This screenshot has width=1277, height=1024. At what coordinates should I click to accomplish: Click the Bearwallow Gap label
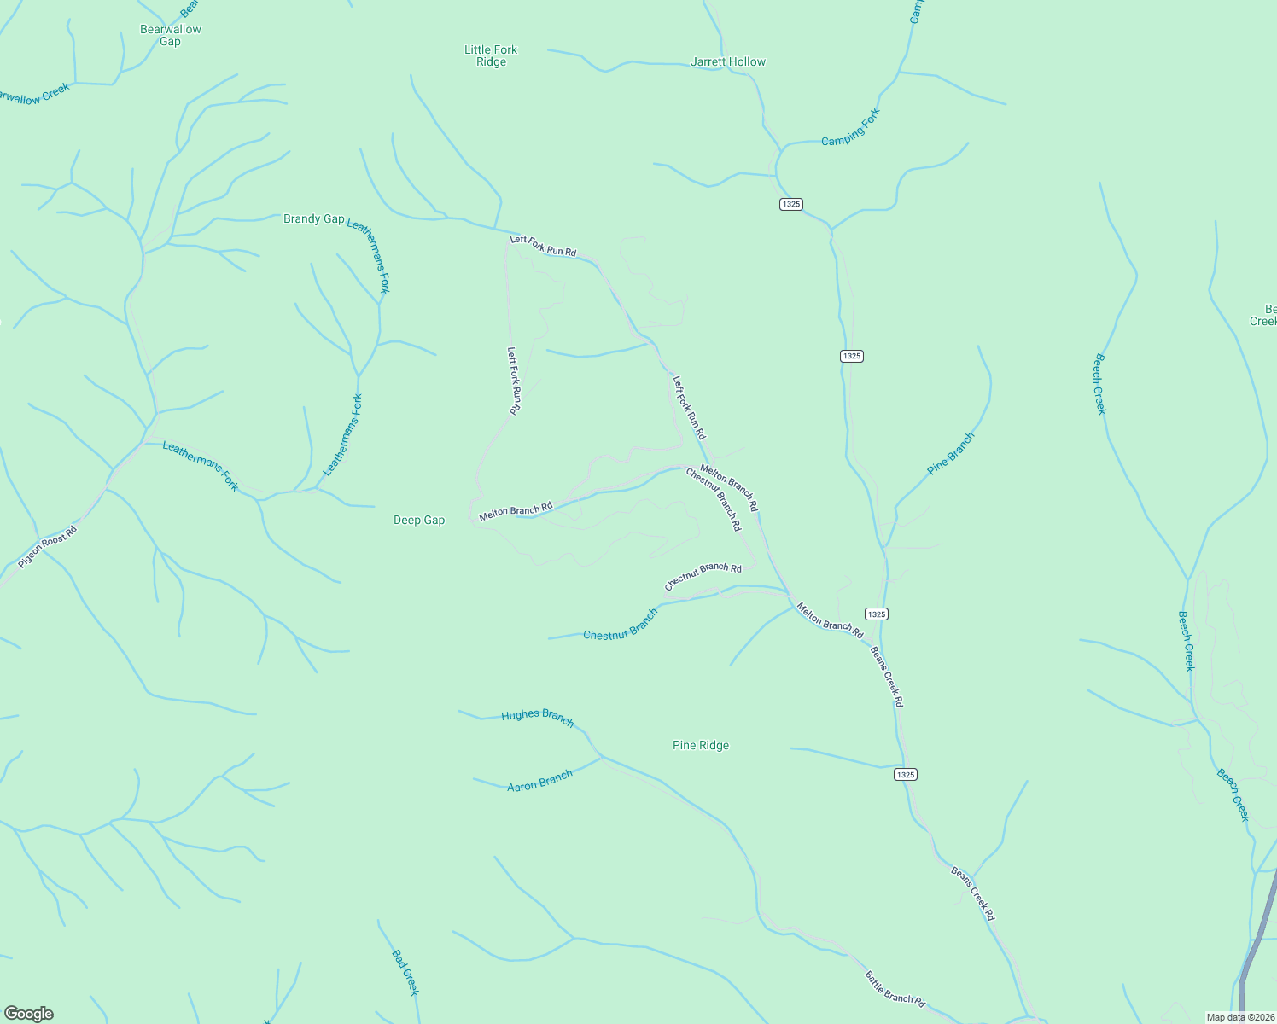point(171,35)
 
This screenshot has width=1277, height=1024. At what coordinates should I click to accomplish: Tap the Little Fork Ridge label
point(491,55)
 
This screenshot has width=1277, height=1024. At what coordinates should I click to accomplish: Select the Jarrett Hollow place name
point(728,61)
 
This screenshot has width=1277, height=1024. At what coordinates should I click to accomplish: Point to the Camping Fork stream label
point(850,127)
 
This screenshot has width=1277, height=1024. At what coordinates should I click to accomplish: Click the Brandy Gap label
point(313,219)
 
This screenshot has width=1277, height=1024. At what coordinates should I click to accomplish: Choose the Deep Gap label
point(419,520)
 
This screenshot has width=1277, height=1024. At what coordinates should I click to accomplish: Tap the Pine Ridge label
point(701,745)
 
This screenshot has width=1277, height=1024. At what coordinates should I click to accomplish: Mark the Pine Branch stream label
point(951,453)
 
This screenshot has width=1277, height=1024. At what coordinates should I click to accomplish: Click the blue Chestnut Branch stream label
point(621,625)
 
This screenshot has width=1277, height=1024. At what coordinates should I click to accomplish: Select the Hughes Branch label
point(538,716)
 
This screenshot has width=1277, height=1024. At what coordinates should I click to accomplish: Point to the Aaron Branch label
point(539,781)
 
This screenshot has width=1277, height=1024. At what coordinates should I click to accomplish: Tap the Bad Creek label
point(405,972)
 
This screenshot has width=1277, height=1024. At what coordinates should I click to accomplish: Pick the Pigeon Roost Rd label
point(48,547)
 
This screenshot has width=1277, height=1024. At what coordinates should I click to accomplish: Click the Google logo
point(29,1014)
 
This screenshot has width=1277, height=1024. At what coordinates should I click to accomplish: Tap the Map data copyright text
point(1239,1017)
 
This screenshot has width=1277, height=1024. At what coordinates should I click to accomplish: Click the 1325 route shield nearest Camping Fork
point(791,204)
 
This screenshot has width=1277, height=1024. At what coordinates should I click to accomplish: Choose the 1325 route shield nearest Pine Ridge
point(906,774)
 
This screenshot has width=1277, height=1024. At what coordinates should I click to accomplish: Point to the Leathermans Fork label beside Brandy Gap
point(369,256)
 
